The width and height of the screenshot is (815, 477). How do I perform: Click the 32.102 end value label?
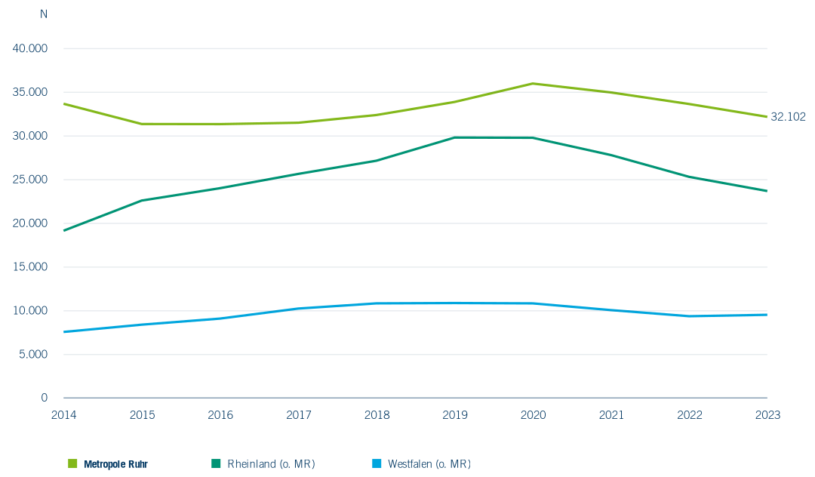[788, 117]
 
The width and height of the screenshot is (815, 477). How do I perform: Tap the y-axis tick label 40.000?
[29, 48]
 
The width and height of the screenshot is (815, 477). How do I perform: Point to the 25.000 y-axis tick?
[30, 180]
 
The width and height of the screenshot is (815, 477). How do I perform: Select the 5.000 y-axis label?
[32, 354]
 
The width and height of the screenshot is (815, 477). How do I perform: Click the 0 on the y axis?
[45, 398]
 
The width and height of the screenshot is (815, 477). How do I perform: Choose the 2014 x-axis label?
[64, 414]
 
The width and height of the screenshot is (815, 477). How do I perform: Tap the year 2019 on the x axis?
[455, 414]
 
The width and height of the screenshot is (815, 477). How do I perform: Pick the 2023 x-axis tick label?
[767, 414]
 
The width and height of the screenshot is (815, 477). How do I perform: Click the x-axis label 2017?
[299, 414]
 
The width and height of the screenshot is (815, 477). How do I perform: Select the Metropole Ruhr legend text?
[116, 464]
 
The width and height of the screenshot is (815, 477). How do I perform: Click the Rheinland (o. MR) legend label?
[272, 464]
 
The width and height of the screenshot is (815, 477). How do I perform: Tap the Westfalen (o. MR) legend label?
[429, 464]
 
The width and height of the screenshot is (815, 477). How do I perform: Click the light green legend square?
[72, 463]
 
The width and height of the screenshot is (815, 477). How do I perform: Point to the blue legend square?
[377, 463]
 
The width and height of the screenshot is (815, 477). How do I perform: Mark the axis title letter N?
[44, 14]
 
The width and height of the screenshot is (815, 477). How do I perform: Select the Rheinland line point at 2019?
[455, 137]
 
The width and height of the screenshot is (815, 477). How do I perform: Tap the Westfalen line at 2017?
[299, 308]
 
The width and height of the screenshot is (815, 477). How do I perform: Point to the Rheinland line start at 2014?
[64, 230]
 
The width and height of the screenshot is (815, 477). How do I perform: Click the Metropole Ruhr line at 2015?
[142, 124]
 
